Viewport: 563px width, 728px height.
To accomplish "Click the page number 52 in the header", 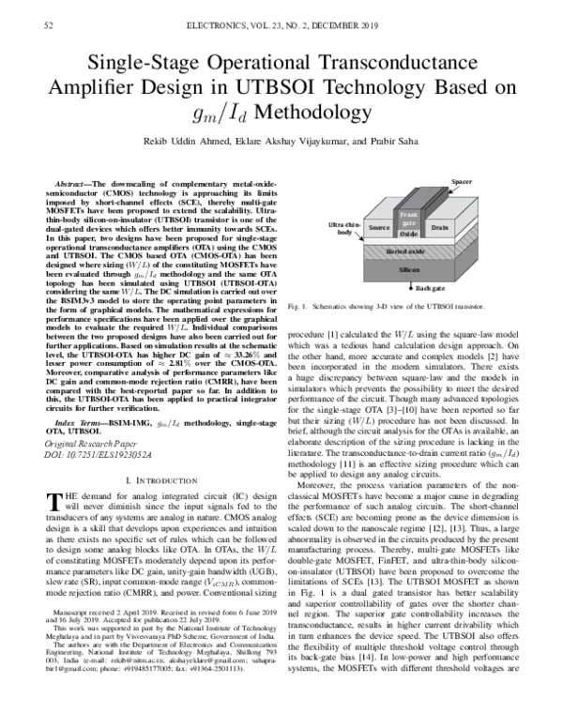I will coord(48,28).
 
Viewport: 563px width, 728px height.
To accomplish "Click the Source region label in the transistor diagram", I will coord(379,227).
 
